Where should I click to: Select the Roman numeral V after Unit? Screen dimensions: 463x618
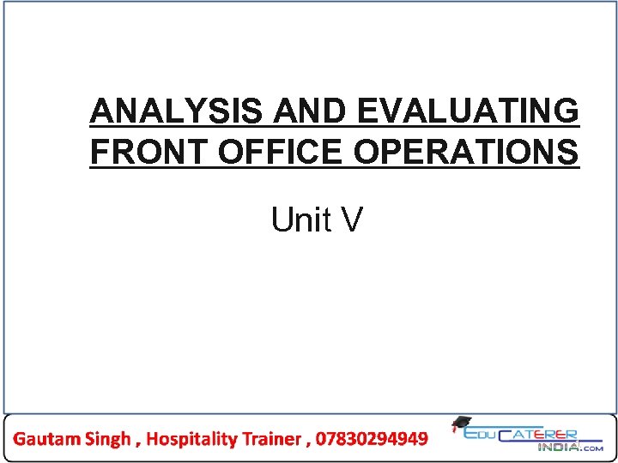coord(352,220)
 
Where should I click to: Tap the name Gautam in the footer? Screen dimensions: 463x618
coord(47,439)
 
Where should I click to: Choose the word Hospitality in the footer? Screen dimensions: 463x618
coord(190,439)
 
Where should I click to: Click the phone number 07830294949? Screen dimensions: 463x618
coord(372,439)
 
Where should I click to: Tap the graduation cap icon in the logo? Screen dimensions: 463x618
coord(461,424)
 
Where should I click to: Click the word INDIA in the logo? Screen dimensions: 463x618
coord(558,447)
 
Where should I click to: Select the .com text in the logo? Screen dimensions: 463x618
coord(591,448)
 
